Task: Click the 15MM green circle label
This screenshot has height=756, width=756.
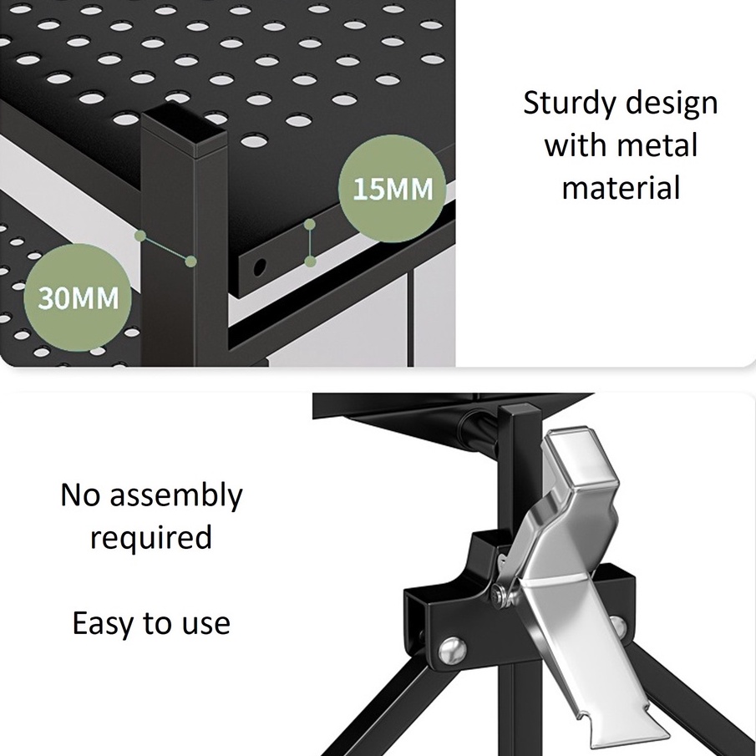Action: coord(392,189)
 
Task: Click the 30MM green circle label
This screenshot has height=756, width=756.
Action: coord(78,297)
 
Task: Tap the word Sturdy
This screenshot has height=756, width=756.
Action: coord(570,104)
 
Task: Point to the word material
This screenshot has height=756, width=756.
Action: coord(621,187)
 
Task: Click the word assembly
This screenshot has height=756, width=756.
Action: coord(176,495)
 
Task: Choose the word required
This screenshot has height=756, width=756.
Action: coord(151,537)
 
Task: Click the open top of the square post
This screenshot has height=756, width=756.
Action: coord(183,127)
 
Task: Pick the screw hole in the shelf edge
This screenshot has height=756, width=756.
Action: coord(259,267)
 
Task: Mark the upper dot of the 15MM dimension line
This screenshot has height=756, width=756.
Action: coord(310,224)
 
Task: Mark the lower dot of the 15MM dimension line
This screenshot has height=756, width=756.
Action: coord(311,261)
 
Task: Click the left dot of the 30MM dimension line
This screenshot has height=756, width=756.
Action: coord(140,236)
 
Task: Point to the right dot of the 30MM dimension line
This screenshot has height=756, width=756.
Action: coord(191,261)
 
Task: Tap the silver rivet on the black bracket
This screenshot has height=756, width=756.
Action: coord(453,652)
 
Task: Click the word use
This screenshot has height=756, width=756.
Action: coord(205,624)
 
